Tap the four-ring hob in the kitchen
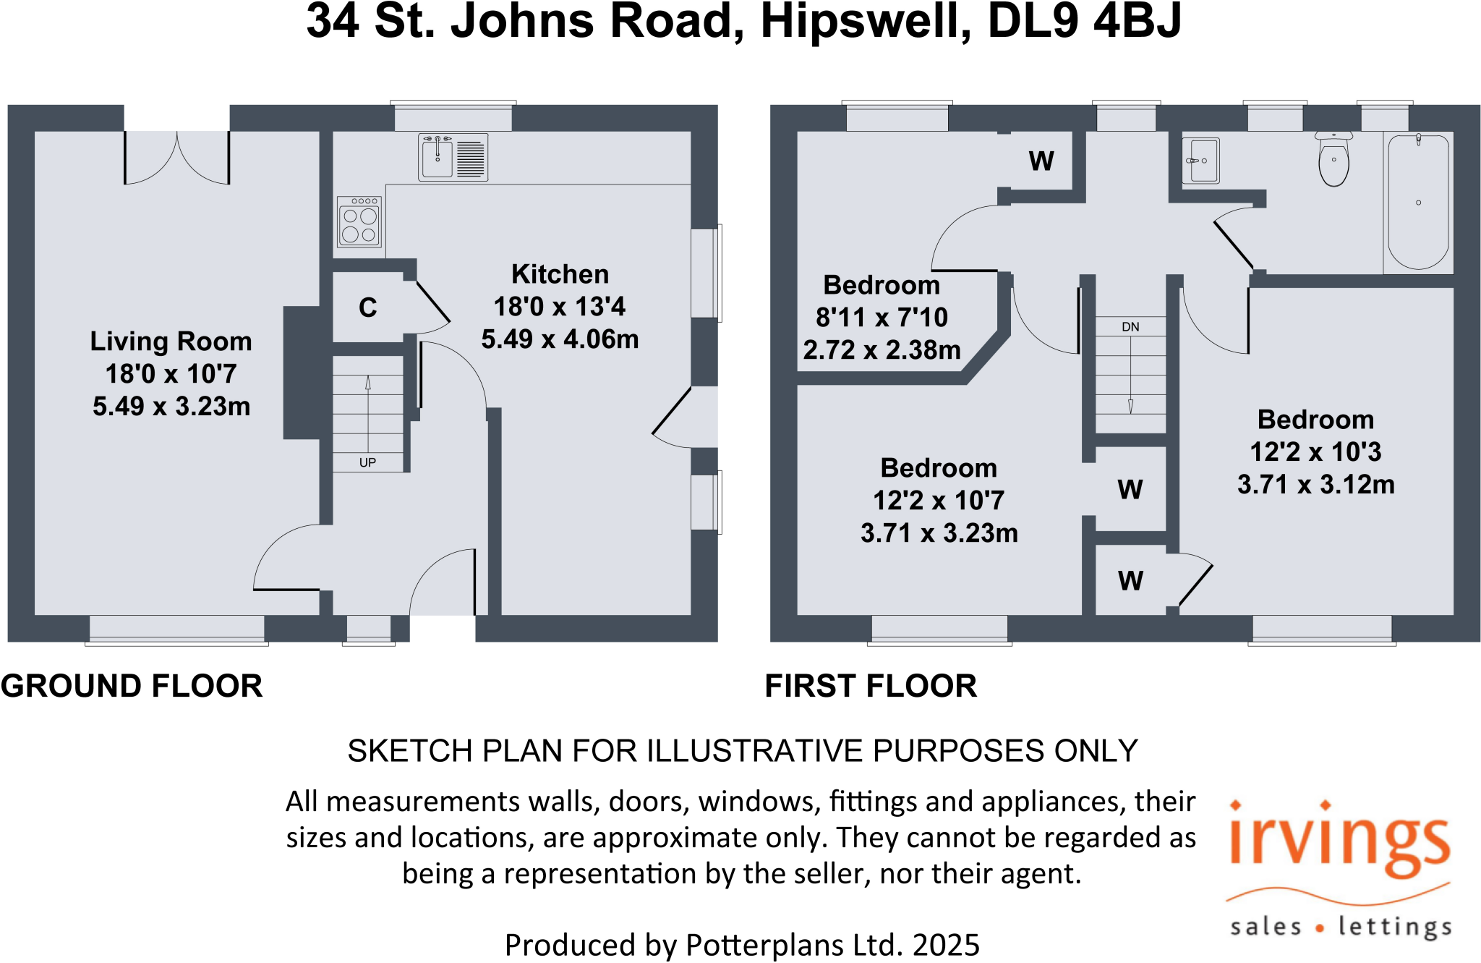359,222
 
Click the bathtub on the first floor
1418,203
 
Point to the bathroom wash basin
1201,161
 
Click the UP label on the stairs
367,462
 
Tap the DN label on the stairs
1130,327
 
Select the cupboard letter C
367,308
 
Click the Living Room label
171,341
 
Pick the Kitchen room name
560,274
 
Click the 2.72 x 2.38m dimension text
882,350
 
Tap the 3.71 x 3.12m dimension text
1315,484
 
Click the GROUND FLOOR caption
132,686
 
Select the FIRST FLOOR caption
871,686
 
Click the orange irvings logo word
1339,844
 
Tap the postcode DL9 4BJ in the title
1084,21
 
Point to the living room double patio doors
177,157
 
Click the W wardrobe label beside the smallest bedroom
1041,161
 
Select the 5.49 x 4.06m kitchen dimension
560,339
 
